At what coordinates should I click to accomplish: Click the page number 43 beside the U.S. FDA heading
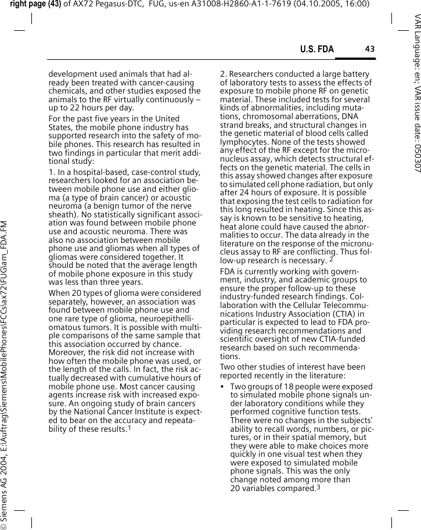click(369, 49)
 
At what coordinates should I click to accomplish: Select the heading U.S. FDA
click(316, 49)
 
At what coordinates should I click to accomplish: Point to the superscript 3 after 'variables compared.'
click(318, 486)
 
